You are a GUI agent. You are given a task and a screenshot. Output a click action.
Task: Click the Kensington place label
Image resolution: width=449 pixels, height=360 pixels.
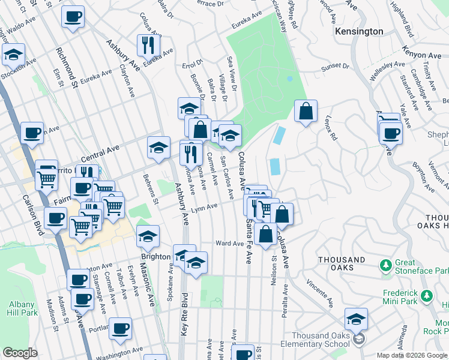[359, 31]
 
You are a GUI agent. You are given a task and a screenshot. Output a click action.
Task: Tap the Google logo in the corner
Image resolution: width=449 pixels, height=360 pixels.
[20, 353]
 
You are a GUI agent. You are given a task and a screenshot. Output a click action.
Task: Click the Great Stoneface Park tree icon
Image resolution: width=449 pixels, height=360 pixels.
[387, 265]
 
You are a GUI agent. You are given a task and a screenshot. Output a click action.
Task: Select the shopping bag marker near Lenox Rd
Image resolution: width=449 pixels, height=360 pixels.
[306, 110]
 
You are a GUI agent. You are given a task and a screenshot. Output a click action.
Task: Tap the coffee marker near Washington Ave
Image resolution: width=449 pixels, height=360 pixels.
[120, 328]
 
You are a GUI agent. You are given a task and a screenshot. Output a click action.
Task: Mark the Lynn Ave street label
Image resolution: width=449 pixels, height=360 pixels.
[203, 210]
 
